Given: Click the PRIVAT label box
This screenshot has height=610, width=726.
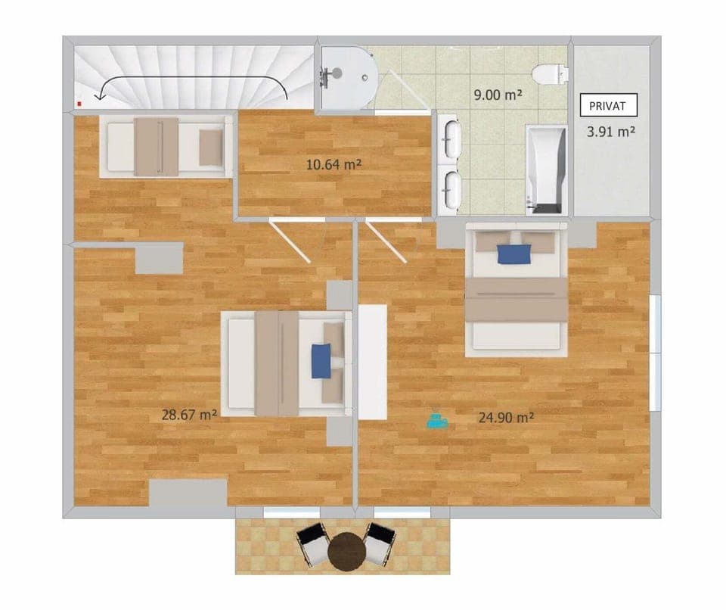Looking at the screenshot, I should (608, 104).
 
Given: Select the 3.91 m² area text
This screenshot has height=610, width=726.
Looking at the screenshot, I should (610, 131).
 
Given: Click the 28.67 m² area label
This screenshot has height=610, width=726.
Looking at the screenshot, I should (190, 414).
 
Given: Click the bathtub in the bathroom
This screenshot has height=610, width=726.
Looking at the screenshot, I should (545, 170).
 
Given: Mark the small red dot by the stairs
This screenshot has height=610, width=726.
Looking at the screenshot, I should (79, 99).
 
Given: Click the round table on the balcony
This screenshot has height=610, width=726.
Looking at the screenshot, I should (348, 549).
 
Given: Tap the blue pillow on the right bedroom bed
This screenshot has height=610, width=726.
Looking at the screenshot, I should (514, 253).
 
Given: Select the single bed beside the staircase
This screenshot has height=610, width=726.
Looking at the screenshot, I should (166, 147).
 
